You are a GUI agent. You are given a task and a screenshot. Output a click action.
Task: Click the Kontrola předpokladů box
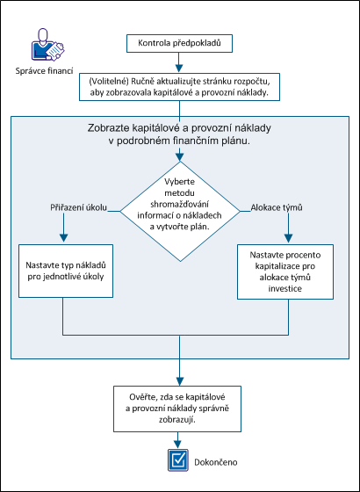pyautogui.click(x=179, y=42)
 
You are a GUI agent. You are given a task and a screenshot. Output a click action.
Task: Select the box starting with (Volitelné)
pyautogui.click(x=179, y=84)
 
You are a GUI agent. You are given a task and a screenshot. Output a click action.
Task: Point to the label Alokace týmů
pyautogui.click(x=277, y=207)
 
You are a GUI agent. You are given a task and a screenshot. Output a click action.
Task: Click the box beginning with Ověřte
pyautogui.click(x=179, y=408)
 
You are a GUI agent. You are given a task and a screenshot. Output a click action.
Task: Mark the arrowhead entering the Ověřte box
pyautogui.click(x=179, y=379)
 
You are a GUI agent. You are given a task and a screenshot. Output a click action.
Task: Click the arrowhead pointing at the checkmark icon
pyautogui.click(x=179, y=445)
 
